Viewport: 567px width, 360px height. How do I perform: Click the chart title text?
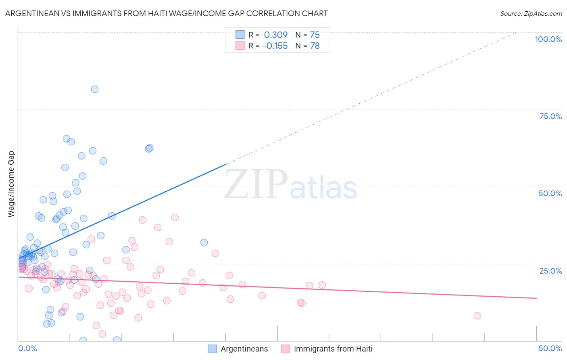[166, 13]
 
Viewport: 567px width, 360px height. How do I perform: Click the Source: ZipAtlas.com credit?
[531, 14]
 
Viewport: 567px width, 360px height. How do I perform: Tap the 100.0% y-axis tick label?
[548, 39]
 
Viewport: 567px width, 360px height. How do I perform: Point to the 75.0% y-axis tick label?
[550, 116]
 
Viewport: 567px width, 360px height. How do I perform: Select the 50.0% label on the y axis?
[550, 193]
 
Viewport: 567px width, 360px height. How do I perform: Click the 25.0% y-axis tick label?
[550, 271]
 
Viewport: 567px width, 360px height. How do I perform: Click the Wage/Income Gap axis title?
[11, 184]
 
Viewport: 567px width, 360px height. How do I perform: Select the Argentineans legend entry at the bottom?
[238, 349]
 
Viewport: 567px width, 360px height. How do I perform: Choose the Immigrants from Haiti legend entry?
[327, 349]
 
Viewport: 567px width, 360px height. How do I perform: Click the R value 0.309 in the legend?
[276, 35]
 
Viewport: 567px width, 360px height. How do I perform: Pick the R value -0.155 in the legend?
[275, 46]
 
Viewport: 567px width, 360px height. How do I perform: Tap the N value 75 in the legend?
[315, 35]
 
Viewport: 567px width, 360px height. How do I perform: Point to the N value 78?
[315, 46]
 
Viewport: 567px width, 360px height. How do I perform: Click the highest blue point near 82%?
[95, 89]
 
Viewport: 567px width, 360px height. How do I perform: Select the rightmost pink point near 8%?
[477, 316]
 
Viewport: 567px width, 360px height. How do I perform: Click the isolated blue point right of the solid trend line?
[204, 243]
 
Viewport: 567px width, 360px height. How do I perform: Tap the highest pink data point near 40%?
[175, 217]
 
